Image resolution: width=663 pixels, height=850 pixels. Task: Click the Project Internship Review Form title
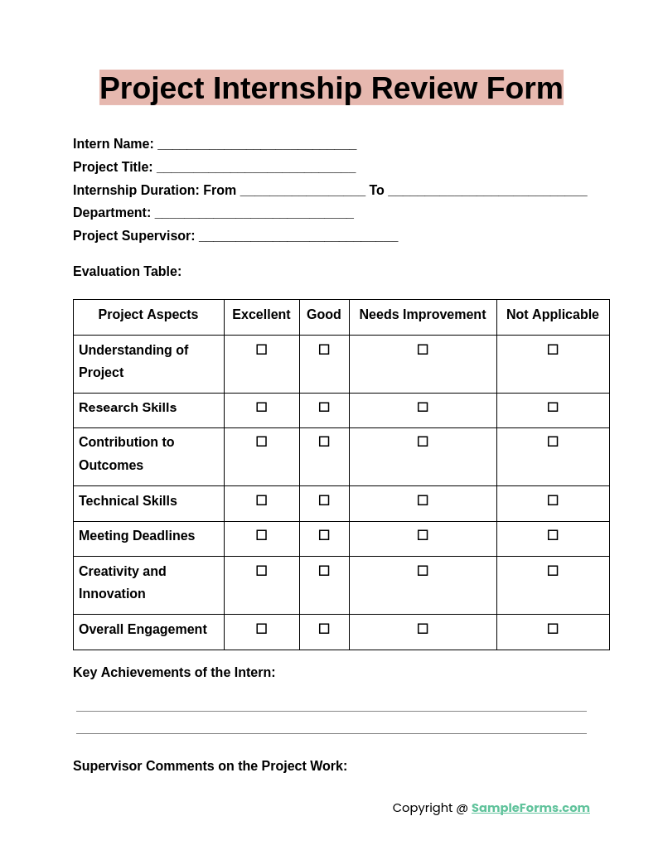pyautogui.click(x=331, y=88)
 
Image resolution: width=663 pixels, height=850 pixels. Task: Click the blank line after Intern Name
pyautogui.click(x=257, y=146)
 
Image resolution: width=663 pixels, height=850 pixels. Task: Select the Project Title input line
pyautogui.click(x=256, y=169)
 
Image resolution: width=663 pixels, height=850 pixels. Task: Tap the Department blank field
pyautogui.click(x=254, y=215)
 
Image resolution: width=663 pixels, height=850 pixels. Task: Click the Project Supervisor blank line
pyautogui.click(x=298, y=238)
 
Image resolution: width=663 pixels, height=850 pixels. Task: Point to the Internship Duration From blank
pyautogui.click(x=302, y=192)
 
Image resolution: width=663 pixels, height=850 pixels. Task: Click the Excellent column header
pyautogui.click(x=261, y=315)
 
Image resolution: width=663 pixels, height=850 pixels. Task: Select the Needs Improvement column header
pyautogui.click(x=423, y=315)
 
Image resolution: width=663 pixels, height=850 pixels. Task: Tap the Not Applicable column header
pyautogui.click(x=553, y=315)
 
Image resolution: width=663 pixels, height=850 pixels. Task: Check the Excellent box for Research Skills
pyautogui.click(x=262, y=407)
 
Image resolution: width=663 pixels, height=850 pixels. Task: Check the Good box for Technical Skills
pyautogui.click(x=324, y=500)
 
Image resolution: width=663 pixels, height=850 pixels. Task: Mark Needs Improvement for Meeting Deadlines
pyautogui.click(x=423, y=535)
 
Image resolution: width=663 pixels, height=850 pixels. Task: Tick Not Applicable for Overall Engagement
pyautogui.click(x=553, y=629)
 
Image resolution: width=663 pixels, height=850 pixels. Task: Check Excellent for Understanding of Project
pyautogui.click(x=262, y=350)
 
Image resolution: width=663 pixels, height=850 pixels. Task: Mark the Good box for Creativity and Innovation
pyautogui.click(x=324, y=571)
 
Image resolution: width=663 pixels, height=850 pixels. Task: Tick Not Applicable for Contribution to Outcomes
pyautogui.click(x=553, y=442)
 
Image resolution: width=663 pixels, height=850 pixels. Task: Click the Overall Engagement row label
pyautogui.click(x=143, y=630)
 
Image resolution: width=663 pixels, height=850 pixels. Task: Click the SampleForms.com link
pyautogui.click(x=530, y=808)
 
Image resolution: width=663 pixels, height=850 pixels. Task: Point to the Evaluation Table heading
pyautogui.click(x=127, y=272)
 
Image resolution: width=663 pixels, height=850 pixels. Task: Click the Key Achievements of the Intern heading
pyautogui.click(x=174, y=673)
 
